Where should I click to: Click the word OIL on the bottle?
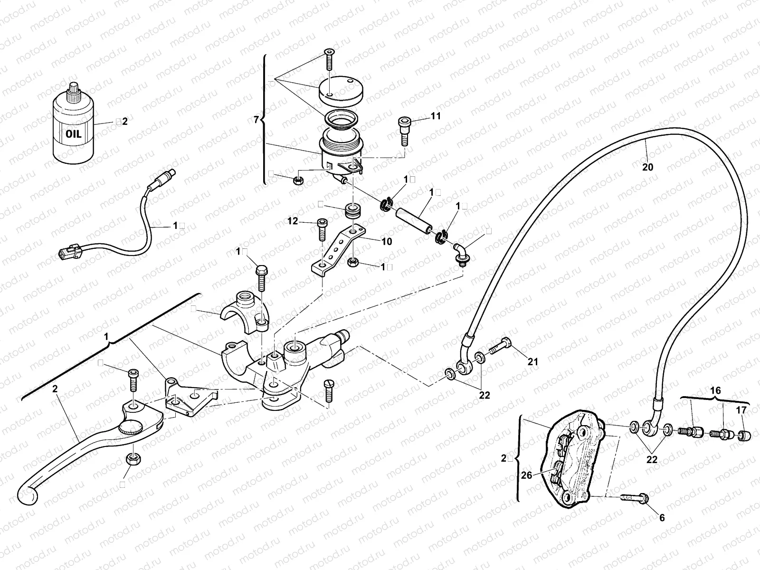74,134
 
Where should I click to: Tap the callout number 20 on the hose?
647,167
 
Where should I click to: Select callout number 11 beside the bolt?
436,116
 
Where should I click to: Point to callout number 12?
293,221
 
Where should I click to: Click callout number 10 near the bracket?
386,242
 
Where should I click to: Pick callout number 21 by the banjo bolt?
533,362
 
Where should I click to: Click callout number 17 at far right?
741,410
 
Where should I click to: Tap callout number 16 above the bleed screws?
715,390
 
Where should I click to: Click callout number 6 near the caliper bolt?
662,518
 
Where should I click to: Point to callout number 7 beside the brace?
256,119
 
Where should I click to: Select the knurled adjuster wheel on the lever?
133,428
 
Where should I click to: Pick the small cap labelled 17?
744,436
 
